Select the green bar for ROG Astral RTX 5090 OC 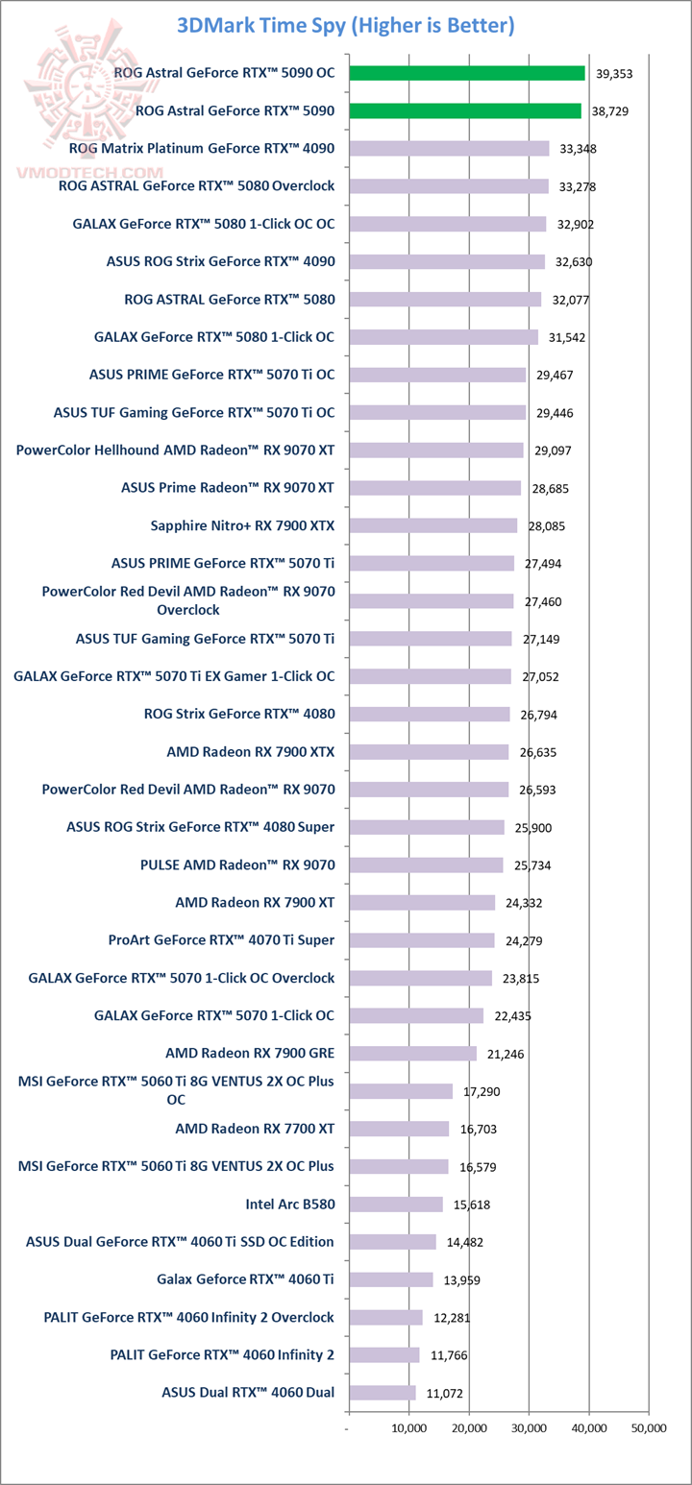pos(467,73)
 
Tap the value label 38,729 pos(611,111)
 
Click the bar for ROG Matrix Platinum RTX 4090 pos(449,149)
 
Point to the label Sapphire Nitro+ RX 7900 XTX pos(242,525)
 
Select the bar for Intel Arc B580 pos(396,1205)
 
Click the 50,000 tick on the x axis pos(649,1428)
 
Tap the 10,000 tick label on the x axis pos(409,1428)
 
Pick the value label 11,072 pos(444,1393)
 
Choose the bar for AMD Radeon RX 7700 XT pos(399,1129)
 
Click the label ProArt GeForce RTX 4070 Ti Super pos(222,940)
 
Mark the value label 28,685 pos(550,489)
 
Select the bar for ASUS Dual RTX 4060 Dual pos(383,1393)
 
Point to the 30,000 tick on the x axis pos(530,1428)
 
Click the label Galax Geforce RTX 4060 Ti pos(245,1279)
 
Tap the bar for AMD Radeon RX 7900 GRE pos(412,1054)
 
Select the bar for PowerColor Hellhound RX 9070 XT pos(436,450)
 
